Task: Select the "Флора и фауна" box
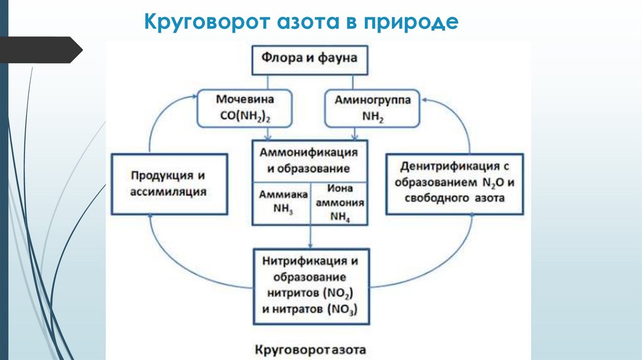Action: click(x=310, y=58)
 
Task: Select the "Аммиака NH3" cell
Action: click(x=283, y=203)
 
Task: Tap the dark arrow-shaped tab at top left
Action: click(x=41, y=50)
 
